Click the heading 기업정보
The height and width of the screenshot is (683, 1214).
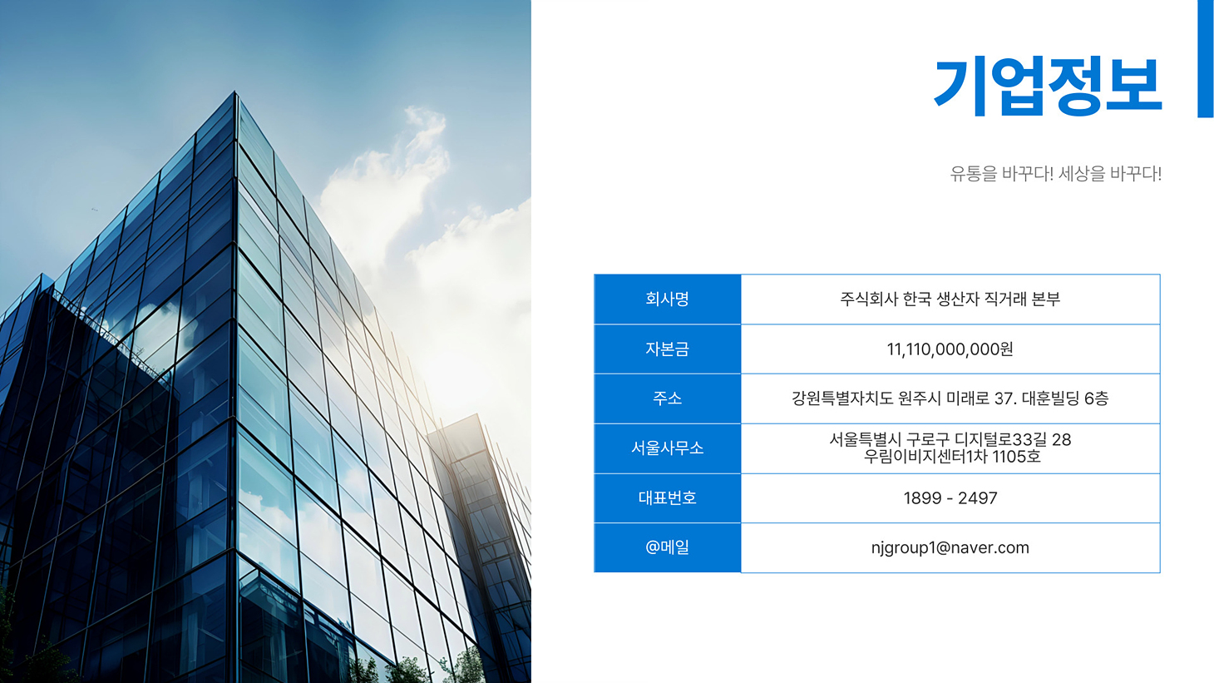pyautogui.click(x=1048, y=87)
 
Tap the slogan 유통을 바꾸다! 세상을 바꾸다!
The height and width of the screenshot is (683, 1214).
pyautogui.click(x=1056, y=174)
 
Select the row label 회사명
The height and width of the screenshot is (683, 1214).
pyautogui.click(x=667, y=299)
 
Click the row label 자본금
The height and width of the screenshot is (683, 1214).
pyautogui.click(x=667, y=349)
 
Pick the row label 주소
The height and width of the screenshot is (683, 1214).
pyautogui.click(x=667, y=398)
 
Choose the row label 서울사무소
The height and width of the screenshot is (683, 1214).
pyautogui.click(x=667, y=448)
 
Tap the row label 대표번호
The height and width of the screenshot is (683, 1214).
pyautogui.click(x=667, y=497)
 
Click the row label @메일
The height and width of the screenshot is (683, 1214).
pyautogui.click(x=667, y=547)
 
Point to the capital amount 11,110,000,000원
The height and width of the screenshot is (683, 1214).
pyautogui.click(x=950, y=349)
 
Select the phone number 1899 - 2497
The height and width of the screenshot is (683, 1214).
pyautogui.click(x=950, y=497)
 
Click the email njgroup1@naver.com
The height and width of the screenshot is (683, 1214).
pyautogui.click(x=950, y=548)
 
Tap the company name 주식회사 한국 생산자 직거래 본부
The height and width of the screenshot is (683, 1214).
pyautogui.click(x=950, y=299)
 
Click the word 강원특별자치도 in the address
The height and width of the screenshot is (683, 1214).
pyautogui.click(x=842, y=398)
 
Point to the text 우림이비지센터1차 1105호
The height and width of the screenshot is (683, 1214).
pyautogui.click(x=952, y=457)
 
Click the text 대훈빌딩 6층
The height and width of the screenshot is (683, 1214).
pyautogui.click(x=1065, y=398)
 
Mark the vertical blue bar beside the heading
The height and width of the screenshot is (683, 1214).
pyautogui.click(x=1206, y=58)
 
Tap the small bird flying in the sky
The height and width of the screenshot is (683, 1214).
pyautogui.click(x=95, y=210)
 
